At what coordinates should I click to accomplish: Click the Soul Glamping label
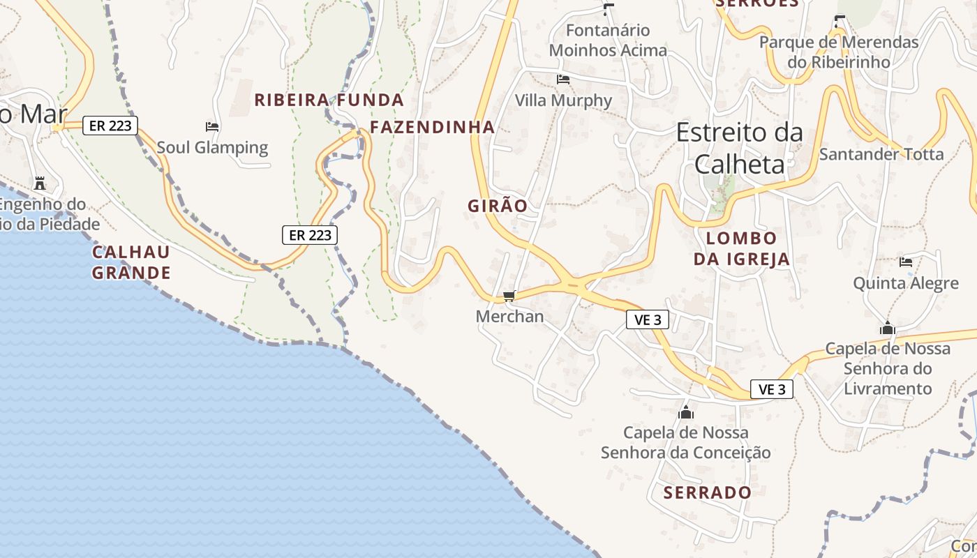[212, 147]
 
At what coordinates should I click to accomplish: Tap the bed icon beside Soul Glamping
[212, 126]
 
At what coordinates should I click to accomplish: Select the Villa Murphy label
[563, 100]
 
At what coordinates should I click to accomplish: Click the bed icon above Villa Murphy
[563, 79]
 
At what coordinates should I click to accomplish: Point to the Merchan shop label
[509, 317]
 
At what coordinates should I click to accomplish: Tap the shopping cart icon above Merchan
[509, 296]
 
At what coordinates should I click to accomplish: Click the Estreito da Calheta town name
[739, 148]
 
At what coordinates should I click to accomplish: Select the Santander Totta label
[881, 154]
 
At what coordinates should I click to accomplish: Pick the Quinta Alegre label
[906, 283]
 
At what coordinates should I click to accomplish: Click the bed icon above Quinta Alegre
[906, 262]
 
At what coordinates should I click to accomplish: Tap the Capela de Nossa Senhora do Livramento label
[888, 368]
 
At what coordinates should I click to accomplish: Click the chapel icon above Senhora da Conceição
[686, 412]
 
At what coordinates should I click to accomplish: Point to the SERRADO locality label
[708, 492]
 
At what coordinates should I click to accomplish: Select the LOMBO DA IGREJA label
[741, 249]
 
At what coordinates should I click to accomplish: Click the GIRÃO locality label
[498, 206]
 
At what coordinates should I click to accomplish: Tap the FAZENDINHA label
[432, 127]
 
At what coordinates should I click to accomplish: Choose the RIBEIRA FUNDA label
[329, 100]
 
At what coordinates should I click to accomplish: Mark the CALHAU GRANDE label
[131, 262]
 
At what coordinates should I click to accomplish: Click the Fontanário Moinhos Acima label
[608, 40]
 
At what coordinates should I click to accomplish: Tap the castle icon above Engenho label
[40, 183]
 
